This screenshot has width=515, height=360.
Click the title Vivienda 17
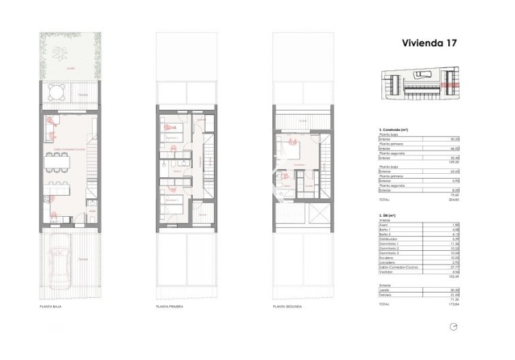pyautogui.click(x=429, y=42)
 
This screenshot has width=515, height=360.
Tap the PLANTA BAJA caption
pyautogui.click(x=52, y=307)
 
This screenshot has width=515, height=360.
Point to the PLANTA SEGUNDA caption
pyautogui.click(x=286, y=307)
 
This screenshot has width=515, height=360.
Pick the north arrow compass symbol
pyautogui.click(x=453, y=327)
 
